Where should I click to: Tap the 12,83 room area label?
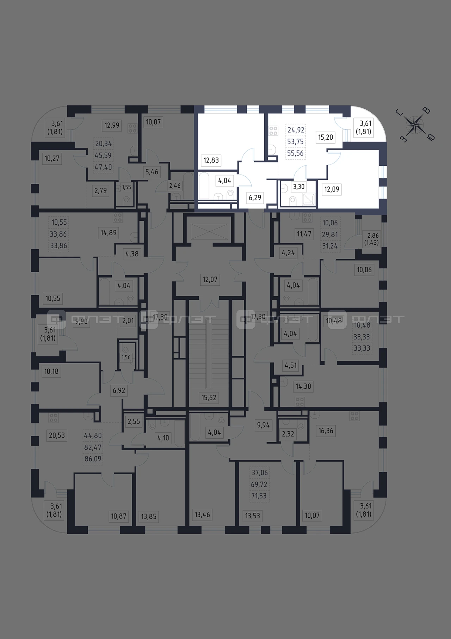tap(211, 160)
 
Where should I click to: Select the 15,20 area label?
tap(326, 137)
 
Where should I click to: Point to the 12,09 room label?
tap(332, 189)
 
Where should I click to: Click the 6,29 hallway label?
tap(255, 197)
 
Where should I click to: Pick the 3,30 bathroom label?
tap(299, 187)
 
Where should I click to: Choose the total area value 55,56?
tap(295, 153)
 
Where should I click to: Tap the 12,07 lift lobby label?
tap(210, 280)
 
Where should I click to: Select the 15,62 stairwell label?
tap(209, 397)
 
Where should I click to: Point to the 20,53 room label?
tap(57, 436)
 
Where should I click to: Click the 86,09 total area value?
tap(93, 459)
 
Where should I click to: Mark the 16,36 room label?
tap(326, 431)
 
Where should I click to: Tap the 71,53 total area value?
tap(259, 496)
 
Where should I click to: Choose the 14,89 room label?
tap(109, 233)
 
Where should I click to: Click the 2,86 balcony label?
tap(372, 239)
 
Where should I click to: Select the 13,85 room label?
tap(149, 517)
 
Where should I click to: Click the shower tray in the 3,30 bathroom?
tap(309, 200)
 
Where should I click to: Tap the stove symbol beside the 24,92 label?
tap(273, 131)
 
